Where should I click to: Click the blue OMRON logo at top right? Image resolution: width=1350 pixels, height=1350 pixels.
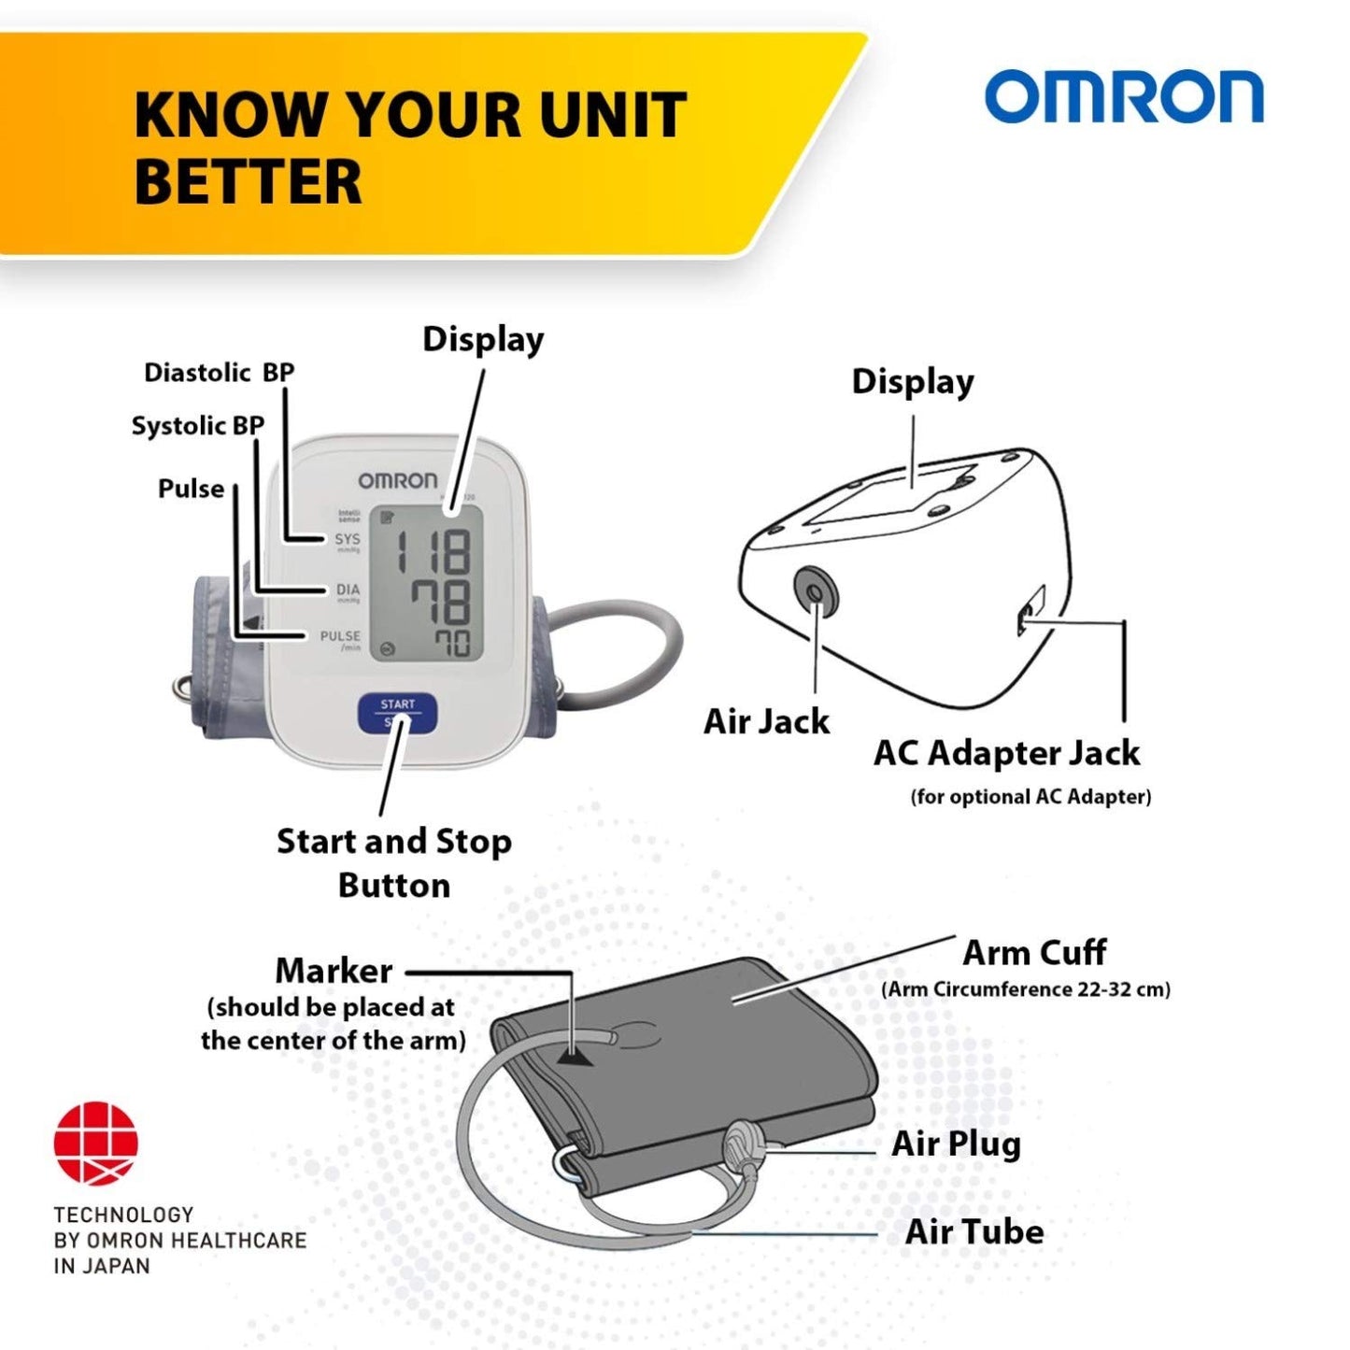click(x=1123, y=97)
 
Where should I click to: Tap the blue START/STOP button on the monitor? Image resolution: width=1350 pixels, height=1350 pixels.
click(x=397, y=712)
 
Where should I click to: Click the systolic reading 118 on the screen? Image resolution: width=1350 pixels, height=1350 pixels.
click(x=433, y=551)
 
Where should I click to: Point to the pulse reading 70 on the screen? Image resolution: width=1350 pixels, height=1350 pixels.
click(x=451, y=643)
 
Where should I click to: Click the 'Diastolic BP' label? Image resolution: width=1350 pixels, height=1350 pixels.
click(x=219, y=373)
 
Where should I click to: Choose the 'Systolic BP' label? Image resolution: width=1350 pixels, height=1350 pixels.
click(x=197, y=426)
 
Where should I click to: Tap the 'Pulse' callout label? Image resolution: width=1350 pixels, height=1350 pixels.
click(x=191, y=489)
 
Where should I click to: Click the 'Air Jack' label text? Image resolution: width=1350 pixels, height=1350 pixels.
click(x=766, y=721)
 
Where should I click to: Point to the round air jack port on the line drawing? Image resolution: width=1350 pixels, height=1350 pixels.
click(x=816, y=590)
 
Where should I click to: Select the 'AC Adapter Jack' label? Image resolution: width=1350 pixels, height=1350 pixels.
click(x=1006, y=753)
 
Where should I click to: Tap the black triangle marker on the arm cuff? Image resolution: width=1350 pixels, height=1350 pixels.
click(x=576, y=1056)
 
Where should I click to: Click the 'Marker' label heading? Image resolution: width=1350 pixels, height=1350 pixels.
click(x=334, y=971)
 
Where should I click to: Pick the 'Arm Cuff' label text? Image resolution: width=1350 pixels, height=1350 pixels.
click(x=1034, y=953)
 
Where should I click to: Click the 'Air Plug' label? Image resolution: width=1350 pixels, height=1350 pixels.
click(x=956, y=1144)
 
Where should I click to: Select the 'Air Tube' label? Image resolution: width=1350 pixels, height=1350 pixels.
click(x=974, y=1231)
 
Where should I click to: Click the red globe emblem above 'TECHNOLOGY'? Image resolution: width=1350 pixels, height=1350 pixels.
click(x=96, y=1142)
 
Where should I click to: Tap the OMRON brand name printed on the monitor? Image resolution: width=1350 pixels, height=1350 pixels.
click(x=397, y=480)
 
